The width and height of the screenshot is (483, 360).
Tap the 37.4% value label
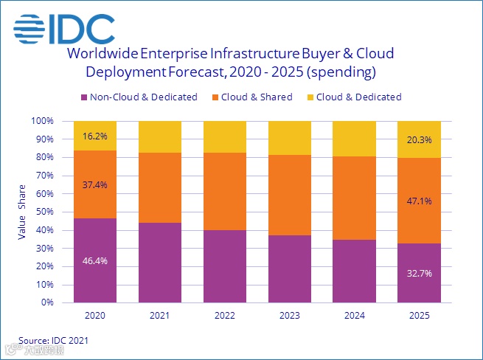tap(95, 184)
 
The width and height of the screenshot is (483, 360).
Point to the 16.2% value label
tap(95, 136)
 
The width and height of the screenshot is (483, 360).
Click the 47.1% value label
tap(419, 200)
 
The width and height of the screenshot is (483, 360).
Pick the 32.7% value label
tap(419, 272)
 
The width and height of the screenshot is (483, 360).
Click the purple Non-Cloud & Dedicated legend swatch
tap(84, 97)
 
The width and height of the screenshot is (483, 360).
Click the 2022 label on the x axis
tap(225, 315)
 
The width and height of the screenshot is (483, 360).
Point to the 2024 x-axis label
tap(355, 315)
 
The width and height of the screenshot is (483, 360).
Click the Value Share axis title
tap(22, 212)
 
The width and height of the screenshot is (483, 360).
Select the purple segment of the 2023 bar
tap(290, 269)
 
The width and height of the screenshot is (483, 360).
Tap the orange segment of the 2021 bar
tap(160, 187)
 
